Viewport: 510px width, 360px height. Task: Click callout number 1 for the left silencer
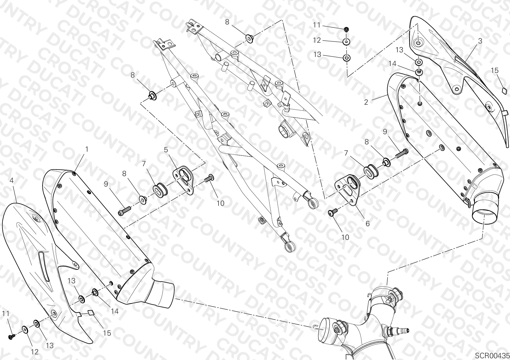(87, 149)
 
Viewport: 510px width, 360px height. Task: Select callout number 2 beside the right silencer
(366, 102)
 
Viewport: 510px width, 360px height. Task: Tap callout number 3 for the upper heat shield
(480, 41)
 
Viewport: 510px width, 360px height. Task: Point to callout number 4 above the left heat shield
(11, 180)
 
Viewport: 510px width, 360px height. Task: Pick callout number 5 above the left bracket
(166, 150)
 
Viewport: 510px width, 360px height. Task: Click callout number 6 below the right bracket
(367, 224)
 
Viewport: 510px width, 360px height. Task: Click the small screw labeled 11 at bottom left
(12, 336)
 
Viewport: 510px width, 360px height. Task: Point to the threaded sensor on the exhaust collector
(397, 331)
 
